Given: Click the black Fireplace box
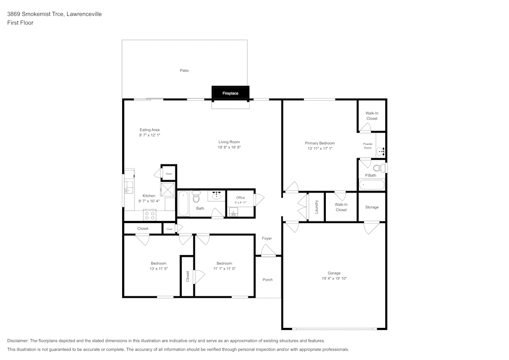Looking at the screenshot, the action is pyautogui.click(x=231, y=93).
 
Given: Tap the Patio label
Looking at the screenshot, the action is pyautogui.click(x=184, y=70).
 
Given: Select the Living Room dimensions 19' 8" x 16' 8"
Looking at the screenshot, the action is pyautogui.click(x=229, y=147).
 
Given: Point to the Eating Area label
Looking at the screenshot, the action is pyautogui.click(x=150, y=130).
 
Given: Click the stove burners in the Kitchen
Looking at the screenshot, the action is pyautogui.click(x=150, y=215).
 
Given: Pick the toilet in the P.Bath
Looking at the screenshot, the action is pyautogui.click(x=379, y=168).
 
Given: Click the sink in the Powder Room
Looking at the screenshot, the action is pyautogui.click(x=380, y=151).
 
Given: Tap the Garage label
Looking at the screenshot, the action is pyautogui.click(x=334, y=273).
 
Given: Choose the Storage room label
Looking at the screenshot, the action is pyautogui.click(x=372, y=207).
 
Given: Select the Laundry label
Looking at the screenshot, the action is pyautogui.click(x=317, y=207).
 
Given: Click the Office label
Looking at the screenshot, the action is pyautogui.click(x=241, y=198).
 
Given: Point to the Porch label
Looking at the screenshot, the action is pyautogui.click(x=268, y=280).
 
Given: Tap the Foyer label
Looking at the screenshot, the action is pyautogui.click(x=267, y=238).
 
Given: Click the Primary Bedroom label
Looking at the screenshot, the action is pyautogui.click(x=320, y=143).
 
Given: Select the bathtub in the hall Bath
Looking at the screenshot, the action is pyautogui.click(x=183, y=204).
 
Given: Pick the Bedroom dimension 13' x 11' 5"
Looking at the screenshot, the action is pyautogui.click(x=159, y=269).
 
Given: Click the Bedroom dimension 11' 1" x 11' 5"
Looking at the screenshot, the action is pyautogui.click(x=224, y=269).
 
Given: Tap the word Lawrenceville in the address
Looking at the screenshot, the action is pyautogui.click(x=84, y=14).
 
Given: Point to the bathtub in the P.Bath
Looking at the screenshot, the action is pyautogui.click(x=372, y=185).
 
